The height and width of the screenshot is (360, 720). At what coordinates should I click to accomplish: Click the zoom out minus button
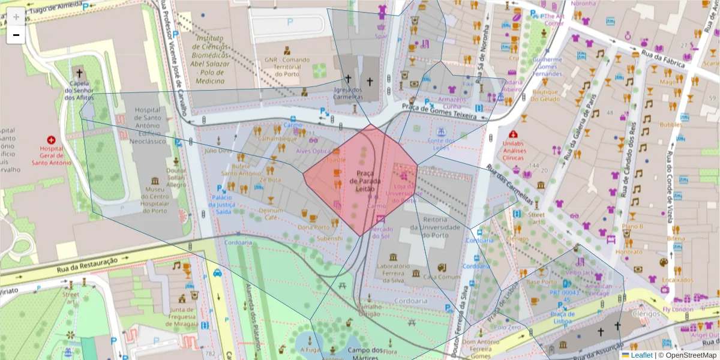(16, 35)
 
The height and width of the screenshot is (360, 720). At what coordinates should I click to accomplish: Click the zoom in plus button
(16, 17)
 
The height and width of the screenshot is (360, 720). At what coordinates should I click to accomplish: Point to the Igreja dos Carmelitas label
(349, 94)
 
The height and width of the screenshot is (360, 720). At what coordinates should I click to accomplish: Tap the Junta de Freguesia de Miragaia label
(184, 317)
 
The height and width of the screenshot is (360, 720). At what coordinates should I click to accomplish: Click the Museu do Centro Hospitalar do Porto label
(155, 202)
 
